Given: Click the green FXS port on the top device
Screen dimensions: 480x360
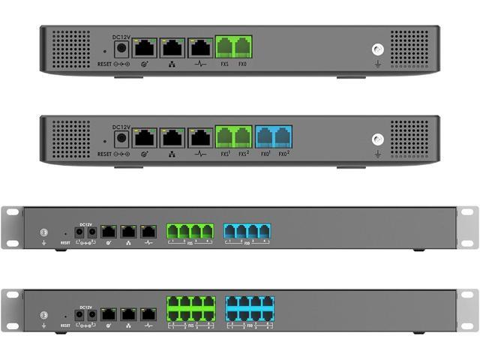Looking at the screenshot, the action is coord(225,49).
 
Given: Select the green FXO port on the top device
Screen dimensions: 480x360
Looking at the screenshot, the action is coord(243,49).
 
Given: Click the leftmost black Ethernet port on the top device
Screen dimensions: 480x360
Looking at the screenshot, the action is coord(144,49).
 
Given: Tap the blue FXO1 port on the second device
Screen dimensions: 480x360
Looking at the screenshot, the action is coord(265,138).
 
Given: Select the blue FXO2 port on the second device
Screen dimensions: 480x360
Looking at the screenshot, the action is coord(283,138).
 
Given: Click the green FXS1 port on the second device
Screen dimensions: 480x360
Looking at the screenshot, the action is coord(225,138).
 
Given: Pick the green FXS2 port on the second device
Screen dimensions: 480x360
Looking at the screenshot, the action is coord(243,138).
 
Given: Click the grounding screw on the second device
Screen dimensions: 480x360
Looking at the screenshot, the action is coord(377,139).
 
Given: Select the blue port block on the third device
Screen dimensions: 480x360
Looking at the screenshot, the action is coord(247,231).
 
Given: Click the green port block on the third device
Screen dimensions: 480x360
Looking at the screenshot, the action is coord(190,231).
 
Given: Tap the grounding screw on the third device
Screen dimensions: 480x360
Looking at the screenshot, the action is coord(44,232).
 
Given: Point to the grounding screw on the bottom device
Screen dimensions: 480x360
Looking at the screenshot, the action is coord(44,315).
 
